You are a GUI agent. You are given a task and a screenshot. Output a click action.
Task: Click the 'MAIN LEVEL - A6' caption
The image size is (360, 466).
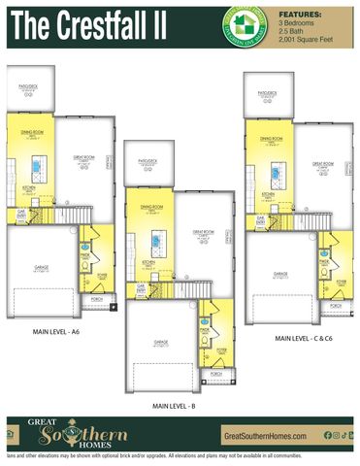click(x=55, y=330)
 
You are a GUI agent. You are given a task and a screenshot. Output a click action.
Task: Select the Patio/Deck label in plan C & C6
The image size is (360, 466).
click(x=268, y=93)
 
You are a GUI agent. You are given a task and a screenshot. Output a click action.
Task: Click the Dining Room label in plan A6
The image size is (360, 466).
click(x=32, y=131)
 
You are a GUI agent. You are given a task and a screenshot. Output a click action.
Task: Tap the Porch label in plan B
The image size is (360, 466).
click(x=215, y=373)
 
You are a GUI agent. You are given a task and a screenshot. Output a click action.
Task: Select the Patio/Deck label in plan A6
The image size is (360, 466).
click(x=29, y=85)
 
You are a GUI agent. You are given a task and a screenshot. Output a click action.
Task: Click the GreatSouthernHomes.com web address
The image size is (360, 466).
click(x=265, y=436)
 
